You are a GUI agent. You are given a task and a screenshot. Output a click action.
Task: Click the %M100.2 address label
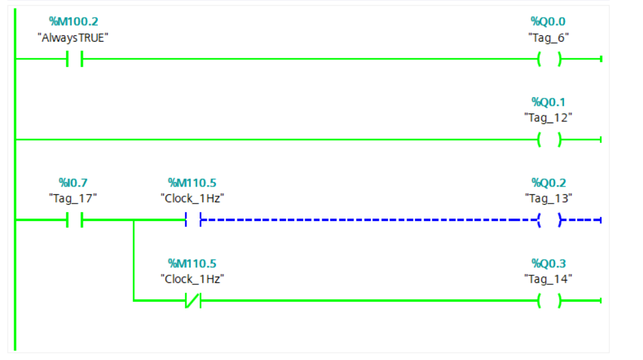point(73,22)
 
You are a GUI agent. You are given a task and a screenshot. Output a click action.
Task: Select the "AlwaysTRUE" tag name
point(73,37)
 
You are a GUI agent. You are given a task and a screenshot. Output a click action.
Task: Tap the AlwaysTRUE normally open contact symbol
point(74,59)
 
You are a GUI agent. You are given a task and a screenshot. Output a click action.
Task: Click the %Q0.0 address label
point(548,22)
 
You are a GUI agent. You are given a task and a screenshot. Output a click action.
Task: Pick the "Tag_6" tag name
point(548,37)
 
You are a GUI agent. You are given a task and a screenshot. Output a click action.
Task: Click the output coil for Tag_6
point(549,59)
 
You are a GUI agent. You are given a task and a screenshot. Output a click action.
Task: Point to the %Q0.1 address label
point(548,102)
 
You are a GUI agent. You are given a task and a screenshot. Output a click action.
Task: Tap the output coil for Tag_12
point(549,140)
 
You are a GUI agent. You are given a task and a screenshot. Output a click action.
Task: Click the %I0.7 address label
point(73,183)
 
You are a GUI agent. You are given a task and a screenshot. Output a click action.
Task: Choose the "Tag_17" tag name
point(73,198)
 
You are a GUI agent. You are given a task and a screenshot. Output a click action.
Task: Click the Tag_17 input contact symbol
point(74,220)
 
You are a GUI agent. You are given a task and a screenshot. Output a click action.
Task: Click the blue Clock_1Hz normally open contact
point(193,220)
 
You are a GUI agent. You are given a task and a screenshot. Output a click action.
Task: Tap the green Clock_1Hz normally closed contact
point(193,301)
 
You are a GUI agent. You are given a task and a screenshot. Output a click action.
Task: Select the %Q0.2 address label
point(548,183)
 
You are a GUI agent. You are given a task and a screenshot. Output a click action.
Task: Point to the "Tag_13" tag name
point(548,198)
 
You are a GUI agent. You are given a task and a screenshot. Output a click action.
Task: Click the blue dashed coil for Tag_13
point(549,220)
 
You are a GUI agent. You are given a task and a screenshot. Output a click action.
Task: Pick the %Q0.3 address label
point(548,263)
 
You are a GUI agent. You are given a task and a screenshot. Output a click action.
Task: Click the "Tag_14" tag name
point(548,278)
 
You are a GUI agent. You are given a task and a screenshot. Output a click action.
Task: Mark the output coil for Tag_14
point(549,301)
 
